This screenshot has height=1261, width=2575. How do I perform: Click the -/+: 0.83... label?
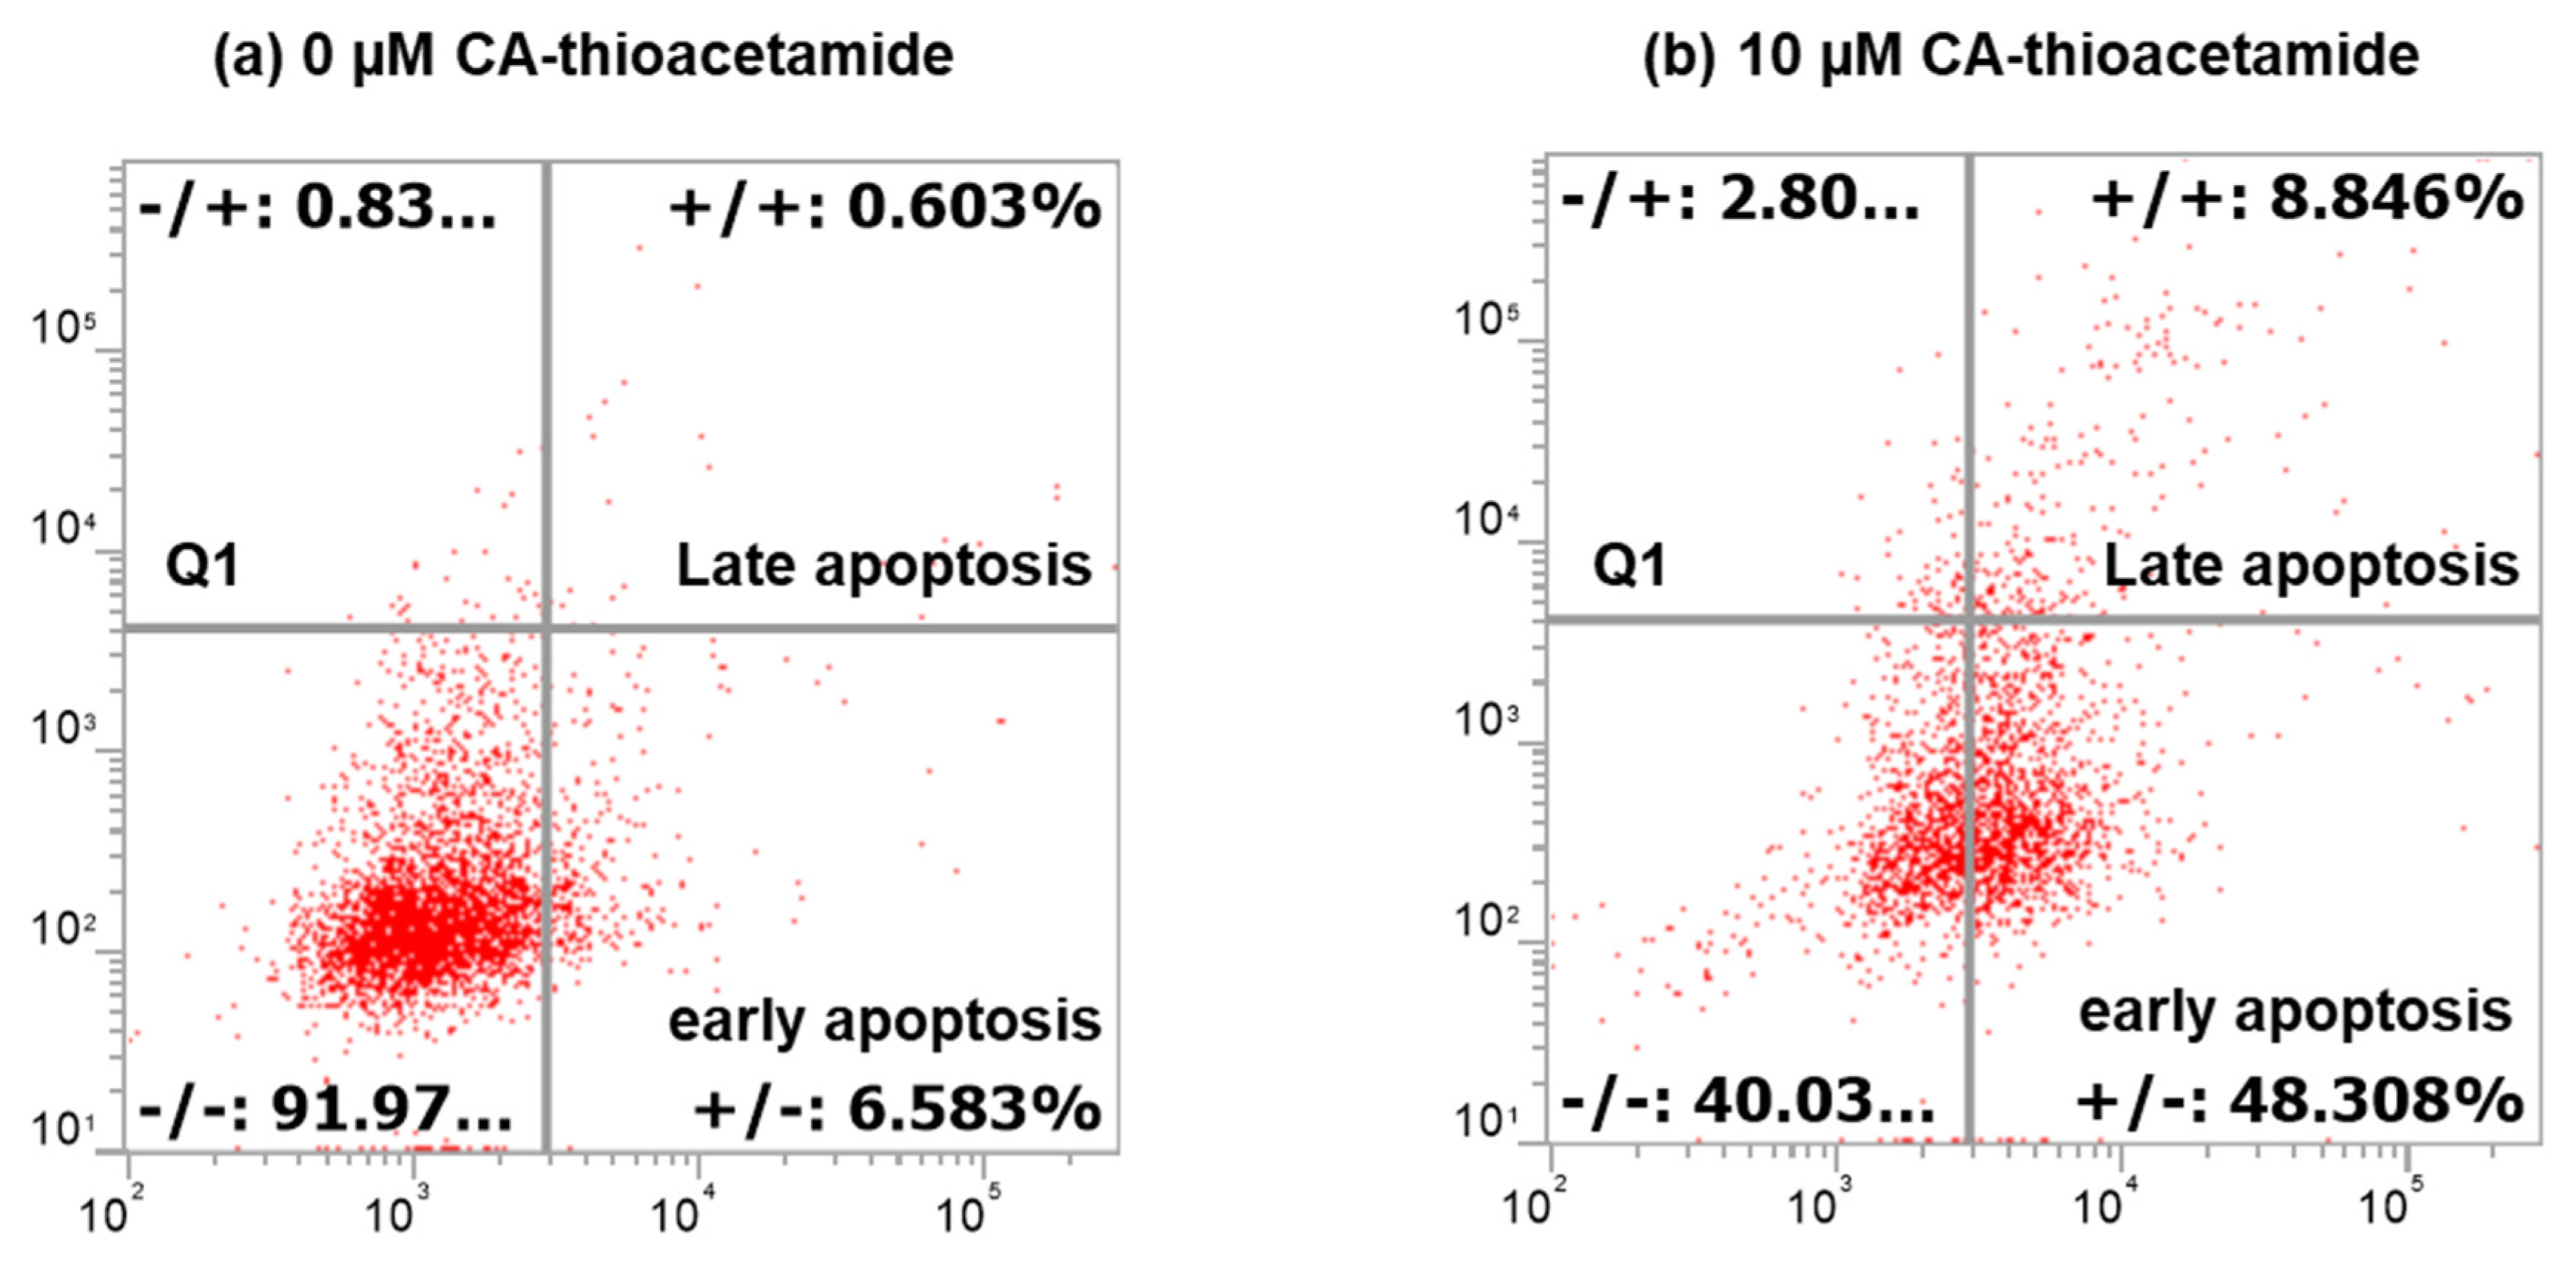pos(318,209)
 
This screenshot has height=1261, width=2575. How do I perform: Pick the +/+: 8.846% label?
pos(2307,199)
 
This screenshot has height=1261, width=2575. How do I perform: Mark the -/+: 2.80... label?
pos(1740,199)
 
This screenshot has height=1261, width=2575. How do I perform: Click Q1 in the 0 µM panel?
pos(203,567)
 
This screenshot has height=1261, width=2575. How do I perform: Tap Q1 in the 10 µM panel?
pos(1629,567)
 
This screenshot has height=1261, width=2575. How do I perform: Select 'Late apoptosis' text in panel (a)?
pos(883,566)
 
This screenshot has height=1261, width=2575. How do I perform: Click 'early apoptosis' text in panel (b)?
pos(2295,1013)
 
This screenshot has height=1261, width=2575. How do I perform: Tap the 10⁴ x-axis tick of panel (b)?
pos(2097,1207)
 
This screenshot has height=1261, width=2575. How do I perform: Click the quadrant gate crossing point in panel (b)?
pos(1970,621)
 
